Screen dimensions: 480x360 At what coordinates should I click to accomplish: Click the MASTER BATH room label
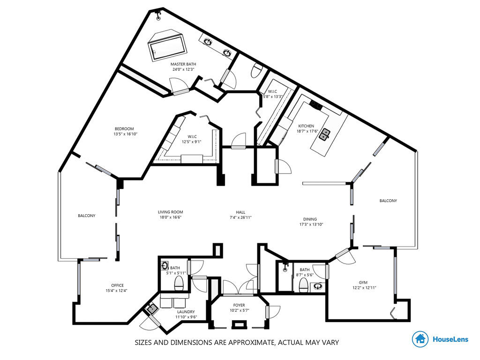(183, 64)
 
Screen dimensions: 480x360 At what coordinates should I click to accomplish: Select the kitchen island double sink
(325, 134)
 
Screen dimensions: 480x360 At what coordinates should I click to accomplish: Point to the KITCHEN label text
(306, 126)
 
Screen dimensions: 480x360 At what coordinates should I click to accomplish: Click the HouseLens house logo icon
(420, 339)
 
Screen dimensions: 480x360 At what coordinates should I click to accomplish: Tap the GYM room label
(363, 283)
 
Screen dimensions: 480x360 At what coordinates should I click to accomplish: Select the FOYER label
(239, 305)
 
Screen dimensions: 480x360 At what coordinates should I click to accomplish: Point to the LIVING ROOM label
(171, 212)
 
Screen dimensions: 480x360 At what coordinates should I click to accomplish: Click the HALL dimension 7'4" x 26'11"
(240, 217)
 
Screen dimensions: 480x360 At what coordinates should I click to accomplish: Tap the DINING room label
(310, 219)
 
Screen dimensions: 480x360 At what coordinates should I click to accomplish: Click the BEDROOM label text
(124, 129)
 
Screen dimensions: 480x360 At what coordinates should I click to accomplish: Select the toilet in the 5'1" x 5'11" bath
(179, 283)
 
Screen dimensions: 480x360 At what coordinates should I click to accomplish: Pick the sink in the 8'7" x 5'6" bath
(318, 287)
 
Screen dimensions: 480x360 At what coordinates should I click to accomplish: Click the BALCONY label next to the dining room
(388, 201)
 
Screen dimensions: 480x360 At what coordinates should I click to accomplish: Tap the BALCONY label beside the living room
(87, 216)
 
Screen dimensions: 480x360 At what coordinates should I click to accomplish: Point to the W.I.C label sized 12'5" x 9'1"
(192, 136)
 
